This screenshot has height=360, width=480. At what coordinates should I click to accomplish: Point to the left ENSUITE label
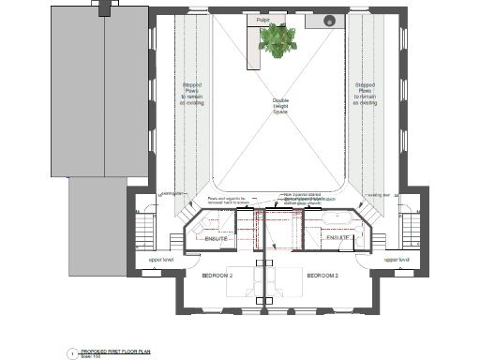point(217,239)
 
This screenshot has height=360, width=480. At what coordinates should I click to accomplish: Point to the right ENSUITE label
point(338,239)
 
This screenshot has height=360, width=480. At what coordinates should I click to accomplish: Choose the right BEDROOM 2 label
point(325,276)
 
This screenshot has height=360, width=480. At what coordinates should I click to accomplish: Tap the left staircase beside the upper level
point(143,229)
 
